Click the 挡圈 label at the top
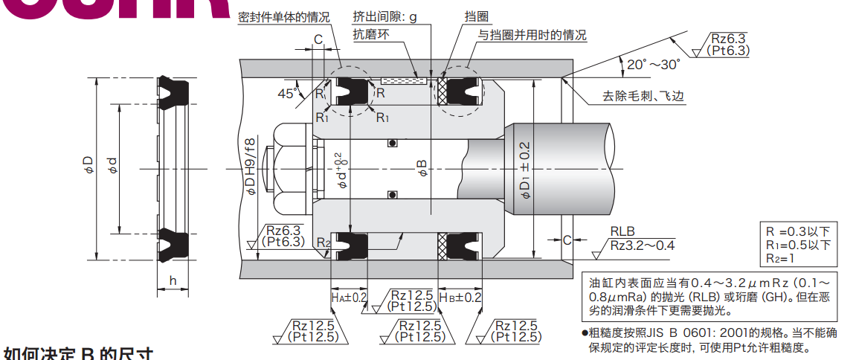click(x=454, y=16)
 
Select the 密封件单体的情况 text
click(x=284, y=16)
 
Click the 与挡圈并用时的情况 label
click(x=532, y=34)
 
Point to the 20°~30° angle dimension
click(x=653, y=65)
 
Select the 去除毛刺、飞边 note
click(x=643, y=96)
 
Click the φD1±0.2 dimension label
click(x=525, y=170)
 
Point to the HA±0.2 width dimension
click(x=349, y=298)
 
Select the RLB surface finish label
click(x=622, y=231)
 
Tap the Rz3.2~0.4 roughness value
click(x=643, y=245)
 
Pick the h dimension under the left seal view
click(x=173, y=280)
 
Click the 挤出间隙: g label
click(x=390, y=16)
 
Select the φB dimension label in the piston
click(x=422, y=167)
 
